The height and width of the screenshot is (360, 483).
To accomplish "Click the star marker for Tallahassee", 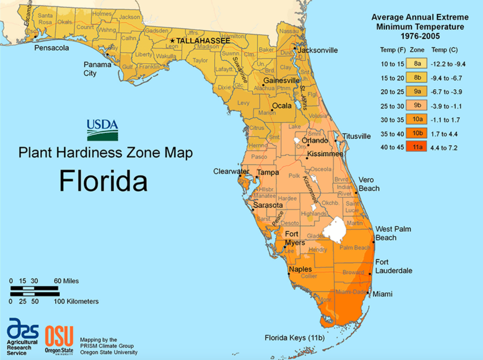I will pos(172,40).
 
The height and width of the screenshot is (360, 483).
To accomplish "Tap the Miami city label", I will pos(382,294).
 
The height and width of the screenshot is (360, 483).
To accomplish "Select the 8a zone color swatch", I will pos(417,64).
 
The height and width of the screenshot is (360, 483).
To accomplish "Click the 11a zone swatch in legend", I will pos(417,147).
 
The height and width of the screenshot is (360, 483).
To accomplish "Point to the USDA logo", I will pos(103,130).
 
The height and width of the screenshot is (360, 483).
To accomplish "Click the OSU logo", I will pos(59,335).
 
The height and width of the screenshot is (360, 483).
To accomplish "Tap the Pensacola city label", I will pos(51,48).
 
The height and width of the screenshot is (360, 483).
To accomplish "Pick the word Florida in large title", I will pos(103,181).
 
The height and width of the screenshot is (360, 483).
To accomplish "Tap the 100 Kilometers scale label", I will pos(76,301).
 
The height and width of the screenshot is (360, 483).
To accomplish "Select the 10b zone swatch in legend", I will pos(417,133).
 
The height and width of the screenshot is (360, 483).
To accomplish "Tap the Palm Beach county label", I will pos(352,247).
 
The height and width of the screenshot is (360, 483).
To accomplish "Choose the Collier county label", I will pos(309,276).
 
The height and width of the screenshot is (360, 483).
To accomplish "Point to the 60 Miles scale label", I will pos(66,281).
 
